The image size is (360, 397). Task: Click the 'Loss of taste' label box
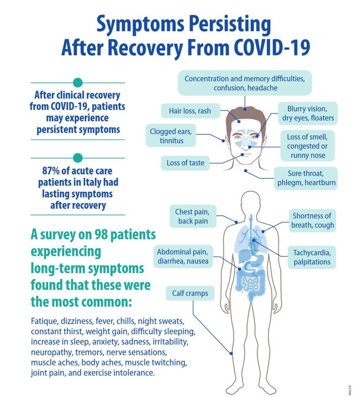[x=185, y=163]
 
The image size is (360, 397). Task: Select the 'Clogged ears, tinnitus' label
[x=171, y=136]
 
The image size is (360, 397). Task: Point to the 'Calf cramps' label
[x=190, y=293]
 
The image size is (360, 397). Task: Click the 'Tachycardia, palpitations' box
[x=312, y=257]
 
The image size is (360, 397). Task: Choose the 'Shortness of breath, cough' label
[x=312, y=220]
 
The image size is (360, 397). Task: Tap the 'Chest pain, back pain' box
[x=189, y=216]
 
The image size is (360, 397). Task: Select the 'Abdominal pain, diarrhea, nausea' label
[x=183, y=257]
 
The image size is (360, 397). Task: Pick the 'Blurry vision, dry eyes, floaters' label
[x=308, y=114]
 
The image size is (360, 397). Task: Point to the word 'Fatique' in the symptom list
[x=43, y=322]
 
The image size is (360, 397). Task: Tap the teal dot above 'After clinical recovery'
[x=78, y=83]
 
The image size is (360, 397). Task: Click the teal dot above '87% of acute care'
[x=78, y=158]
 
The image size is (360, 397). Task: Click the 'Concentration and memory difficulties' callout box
[x=245, y=83]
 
